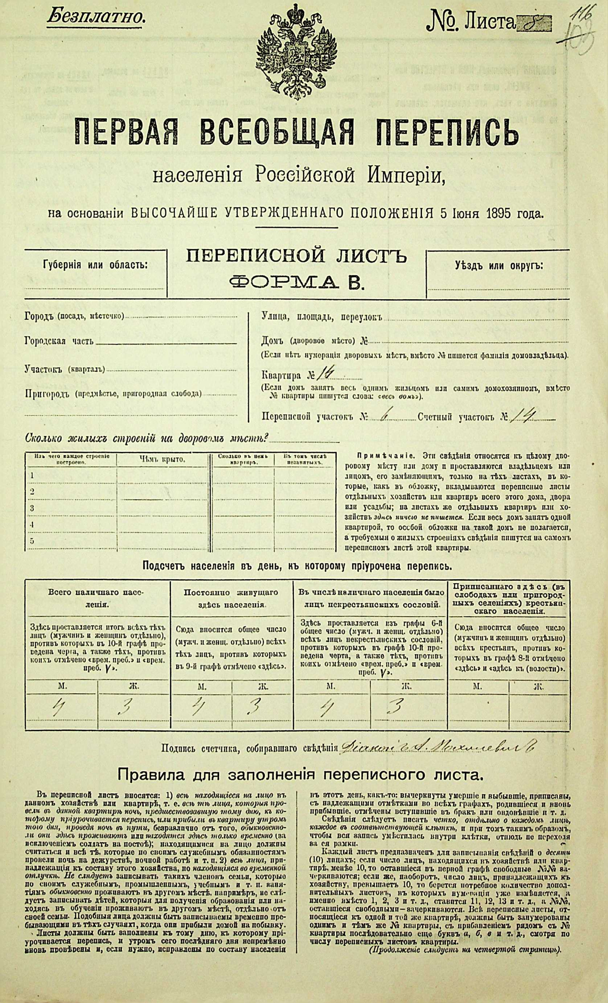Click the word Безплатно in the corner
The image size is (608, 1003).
coord(96,17)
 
